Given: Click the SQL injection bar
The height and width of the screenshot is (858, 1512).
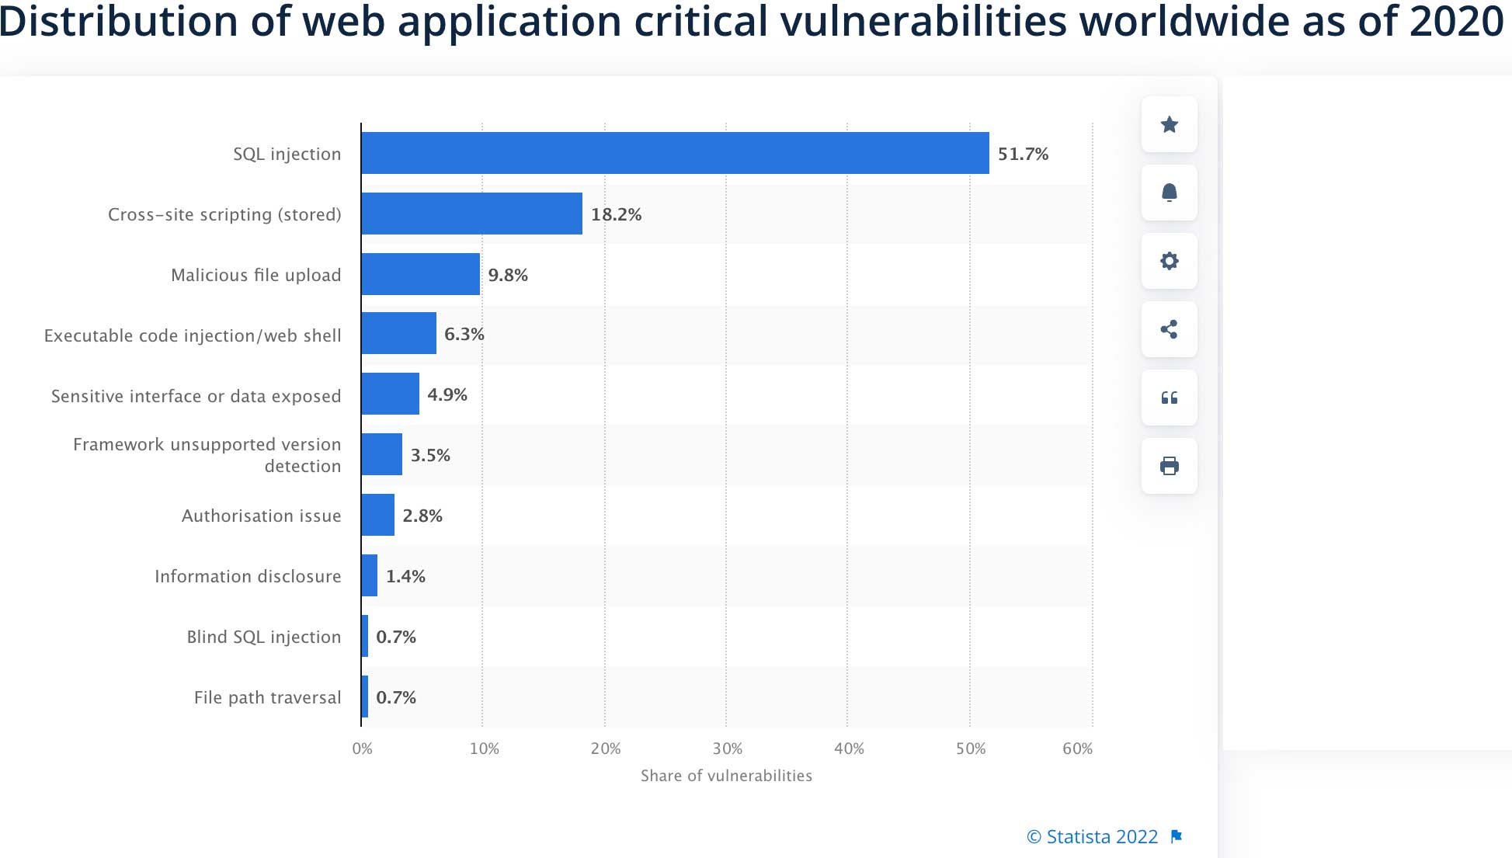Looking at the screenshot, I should point(675,153).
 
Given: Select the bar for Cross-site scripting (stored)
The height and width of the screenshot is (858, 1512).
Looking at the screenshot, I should point(471,214).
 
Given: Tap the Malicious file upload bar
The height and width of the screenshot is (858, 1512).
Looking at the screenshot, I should point(420,274).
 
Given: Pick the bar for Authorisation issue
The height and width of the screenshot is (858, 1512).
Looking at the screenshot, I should point(377,515).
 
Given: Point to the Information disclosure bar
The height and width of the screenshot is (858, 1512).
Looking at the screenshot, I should point(370,575).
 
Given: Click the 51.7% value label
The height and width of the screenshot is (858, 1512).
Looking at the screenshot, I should point(1023,154).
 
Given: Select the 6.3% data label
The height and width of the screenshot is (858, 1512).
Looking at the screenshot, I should point(464,334).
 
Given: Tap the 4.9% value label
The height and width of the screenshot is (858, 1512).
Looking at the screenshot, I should point(447,394).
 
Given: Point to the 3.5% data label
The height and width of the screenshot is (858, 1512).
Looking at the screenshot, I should point(430,455).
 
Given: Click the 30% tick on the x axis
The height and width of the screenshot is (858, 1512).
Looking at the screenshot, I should point(727,749).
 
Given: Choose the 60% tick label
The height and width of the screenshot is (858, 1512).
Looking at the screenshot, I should point(1077,749).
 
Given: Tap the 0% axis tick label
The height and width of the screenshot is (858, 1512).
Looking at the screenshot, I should point(362,749).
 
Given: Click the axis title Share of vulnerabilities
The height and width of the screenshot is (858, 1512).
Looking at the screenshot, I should point(726,776).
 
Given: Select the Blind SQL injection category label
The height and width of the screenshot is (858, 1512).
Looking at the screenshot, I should point(263,637).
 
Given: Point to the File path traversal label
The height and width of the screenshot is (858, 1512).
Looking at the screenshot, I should point(267,697).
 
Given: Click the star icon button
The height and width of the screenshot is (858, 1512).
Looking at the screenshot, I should point(1169,124).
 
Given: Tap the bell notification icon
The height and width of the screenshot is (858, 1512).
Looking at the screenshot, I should point(1169,193).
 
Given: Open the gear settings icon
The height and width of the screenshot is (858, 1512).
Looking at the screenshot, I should point(1169,261).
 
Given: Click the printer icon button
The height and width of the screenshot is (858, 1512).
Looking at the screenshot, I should point(1169,466).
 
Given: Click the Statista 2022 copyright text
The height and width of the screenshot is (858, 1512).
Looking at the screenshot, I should point(1093,836).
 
